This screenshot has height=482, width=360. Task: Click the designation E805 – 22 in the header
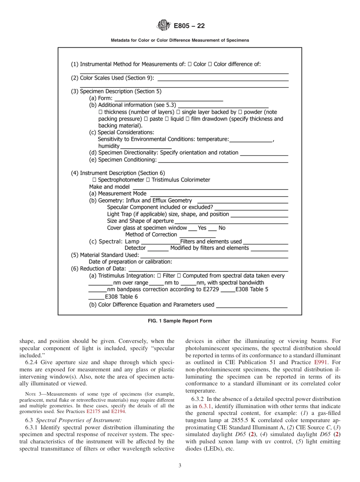[189, 26]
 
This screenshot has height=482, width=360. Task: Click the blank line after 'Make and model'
[210, 188]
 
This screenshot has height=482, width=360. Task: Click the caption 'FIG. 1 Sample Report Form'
[180, 321]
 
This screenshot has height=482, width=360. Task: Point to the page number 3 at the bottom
[180, 466]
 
